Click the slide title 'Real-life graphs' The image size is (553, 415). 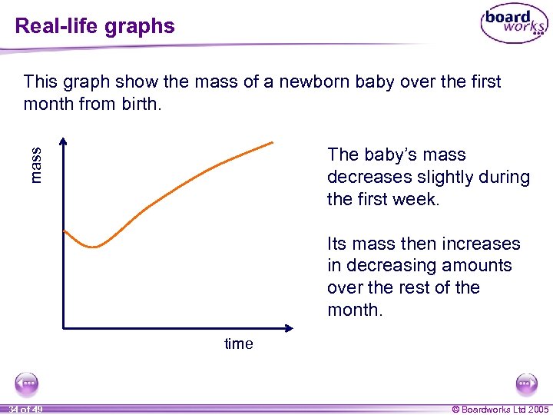tap(95, 26)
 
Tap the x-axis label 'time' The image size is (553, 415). tap(238, 344)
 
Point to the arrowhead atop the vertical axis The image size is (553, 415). tap(64, 142)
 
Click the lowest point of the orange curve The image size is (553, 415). tap(94, 247)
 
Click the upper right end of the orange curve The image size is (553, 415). tap(272, 142)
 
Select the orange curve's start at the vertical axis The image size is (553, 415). tap(65, 231)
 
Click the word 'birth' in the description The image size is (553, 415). tap(139, 103)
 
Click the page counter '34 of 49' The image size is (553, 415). tap(25, 409)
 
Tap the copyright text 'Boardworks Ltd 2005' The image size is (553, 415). tap(505, 409)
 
